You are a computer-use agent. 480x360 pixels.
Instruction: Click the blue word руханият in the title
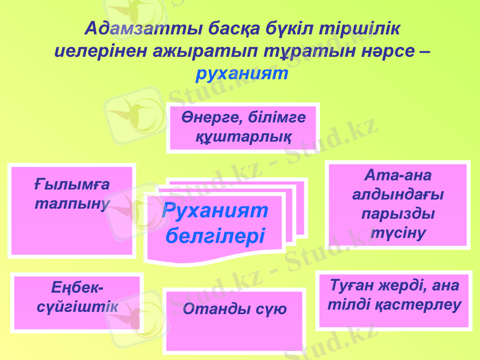tap(242, 74)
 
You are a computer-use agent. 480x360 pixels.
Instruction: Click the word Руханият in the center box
tap(215, 211)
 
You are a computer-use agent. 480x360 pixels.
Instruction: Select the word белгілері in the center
tap(215, 235)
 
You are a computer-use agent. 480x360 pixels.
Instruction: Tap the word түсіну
tap(397, 233)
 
